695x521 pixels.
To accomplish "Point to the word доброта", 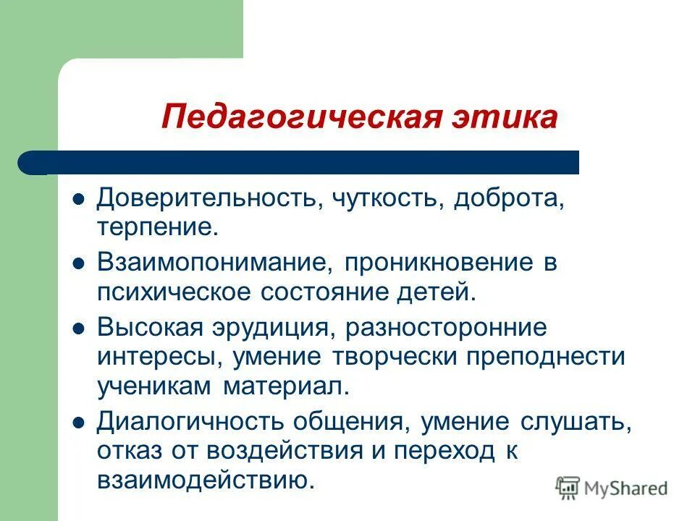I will click(508, 198).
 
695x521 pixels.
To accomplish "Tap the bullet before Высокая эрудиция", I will click(80, 329).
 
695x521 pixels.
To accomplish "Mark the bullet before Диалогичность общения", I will click(80, 423).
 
